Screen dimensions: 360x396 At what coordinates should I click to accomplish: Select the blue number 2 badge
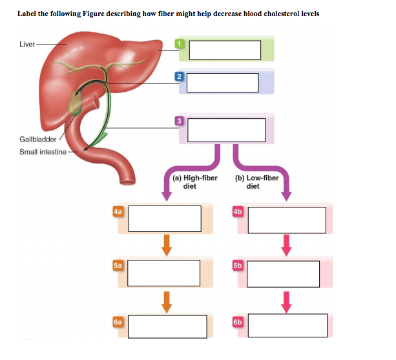click(179, 77)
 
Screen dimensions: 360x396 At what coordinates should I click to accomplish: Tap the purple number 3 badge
click(180, 121)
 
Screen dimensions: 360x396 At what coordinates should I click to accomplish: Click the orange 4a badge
click(117, 211)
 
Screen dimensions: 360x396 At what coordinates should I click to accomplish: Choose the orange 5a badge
click(117, 264)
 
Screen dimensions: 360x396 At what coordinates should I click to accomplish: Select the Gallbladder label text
click(37, 139)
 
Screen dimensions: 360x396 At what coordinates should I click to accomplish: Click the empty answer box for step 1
click(225, 50)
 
